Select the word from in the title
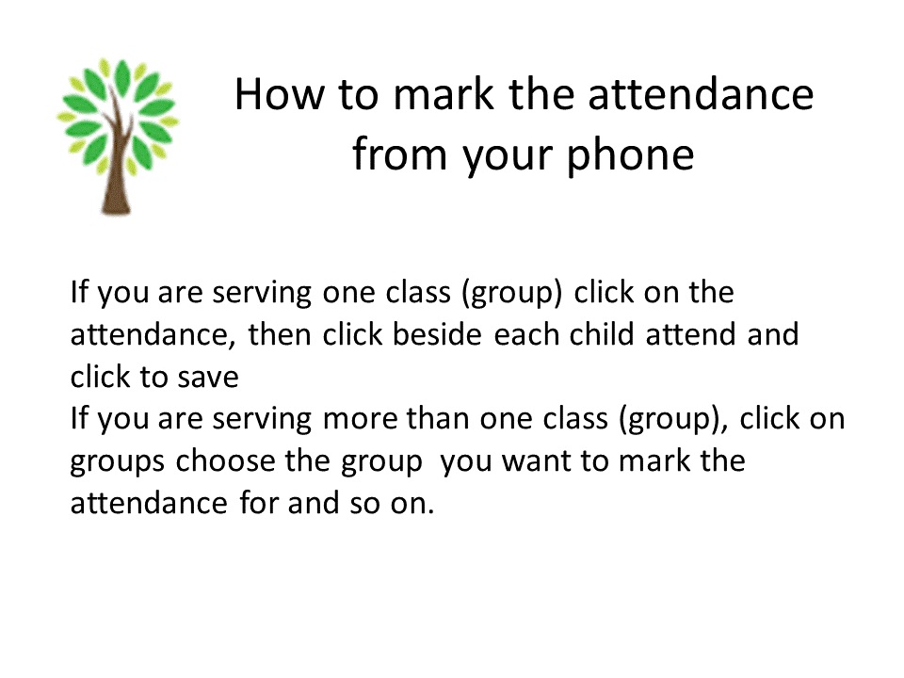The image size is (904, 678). pos(399,154)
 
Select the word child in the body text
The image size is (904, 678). pos(602,333)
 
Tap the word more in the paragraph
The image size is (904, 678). pos(360,419)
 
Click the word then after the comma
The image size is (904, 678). pos(280,333)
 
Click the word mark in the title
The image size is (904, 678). pos(444,94)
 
